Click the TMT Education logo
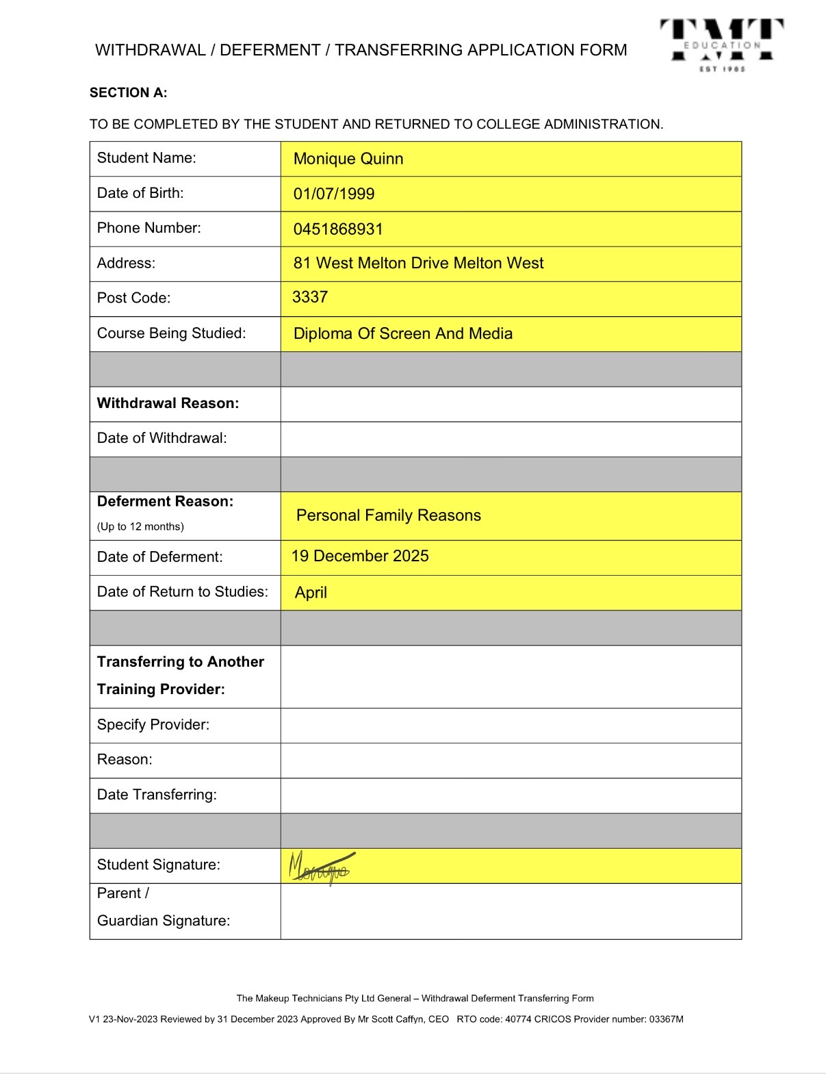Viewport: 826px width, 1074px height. pos(721,45)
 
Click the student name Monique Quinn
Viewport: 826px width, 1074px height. pos(348,159)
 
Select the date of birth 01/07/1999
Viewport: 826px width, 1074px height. pos(334,194)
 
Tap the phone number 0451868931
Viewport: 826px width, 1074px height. pos(338,229)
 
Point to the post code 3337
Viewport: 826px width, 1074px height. pos(310,297)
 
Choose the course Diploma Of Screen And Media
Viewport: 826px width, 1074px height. pos(403,333)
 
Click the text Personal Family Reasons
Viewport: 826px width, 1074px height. pos(388,515)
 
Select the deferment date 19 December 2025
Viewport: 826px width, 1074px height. pos(360,556)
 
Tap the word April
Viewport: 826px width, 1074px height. pos(311,593)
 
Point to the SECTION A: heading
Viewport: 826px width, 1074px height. pos(129,93)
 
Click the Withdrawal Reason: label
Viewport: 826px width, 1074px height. pos(168,403)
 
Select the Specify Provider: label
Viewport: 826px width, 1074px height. pos(153,725)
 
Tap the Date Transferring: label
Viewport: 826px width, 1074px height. pos(157,795)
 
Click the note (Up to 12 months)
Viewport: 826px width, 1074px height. pos(140,526)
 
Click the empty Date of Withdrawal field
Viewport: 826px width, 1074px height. pos(511,439)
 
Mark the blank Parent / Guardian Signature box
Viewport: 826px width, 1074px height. pos(511,911)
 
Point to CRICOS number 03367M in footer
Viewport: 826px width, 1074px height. pos(666,1019)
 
